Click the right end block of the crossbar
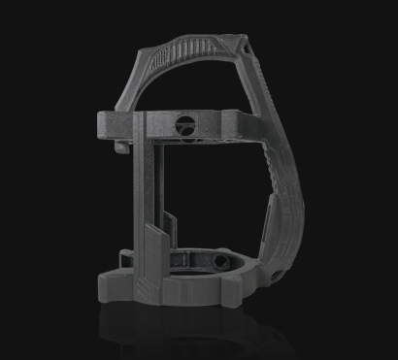(233, 123)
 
